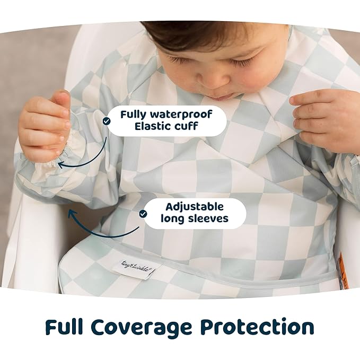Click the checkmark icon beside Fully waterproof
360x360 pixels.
(107, 121)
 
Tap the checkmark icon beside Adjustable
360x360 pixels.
(143, 213)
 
